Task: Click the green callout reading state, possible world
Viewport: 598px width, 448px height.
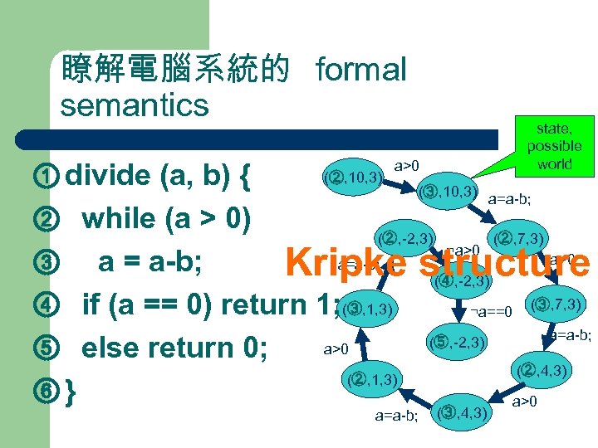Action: (x=554, y=145)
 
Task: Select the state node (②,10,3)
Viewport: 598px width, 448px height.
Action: (x=354, y=177)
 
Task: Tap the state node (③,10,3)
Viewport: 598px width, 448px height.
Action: (x=448, y=192)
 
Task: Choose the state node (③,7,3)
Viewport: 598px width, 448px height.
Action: (x=557, y=304)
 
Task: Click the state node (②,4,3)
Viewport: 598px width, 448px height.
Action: (x=541, y=368)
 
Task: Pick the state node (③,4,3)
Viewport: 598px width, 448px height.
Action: (x=463, y=411)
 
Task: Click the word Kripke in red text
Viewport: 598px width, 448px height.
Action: (x=345, y=263)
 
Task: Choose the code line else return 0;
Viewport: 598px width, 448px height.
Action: (x=174, y=346)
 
